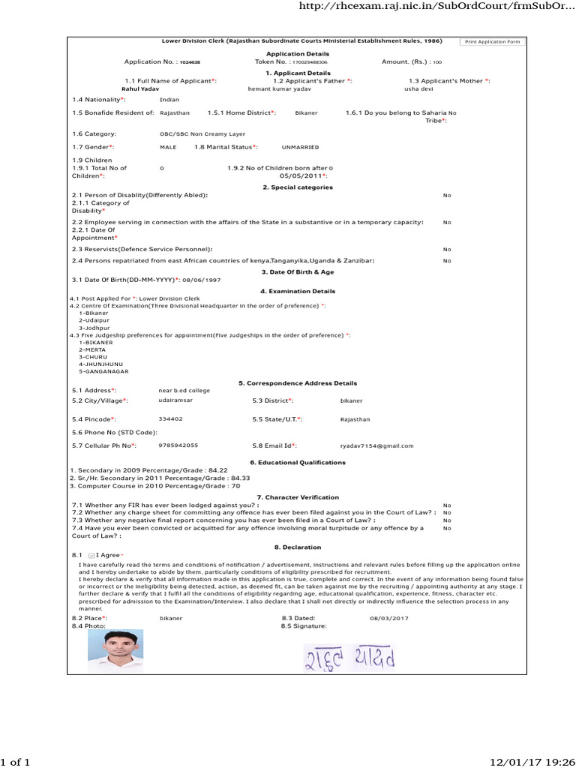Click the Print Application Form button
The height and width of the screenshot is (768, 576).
[492, 42]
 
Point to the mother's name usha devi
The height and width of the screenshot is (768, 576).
[418, 88]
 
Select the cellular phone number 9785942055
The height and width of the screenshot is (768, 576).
[178, 445]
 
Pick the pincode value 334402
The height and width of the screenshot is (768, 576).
[171, 418]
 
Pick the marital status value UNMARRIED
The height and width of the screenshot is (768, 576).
[300, 147]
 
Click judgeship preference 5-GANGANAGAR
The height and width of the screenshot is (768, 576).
[103, 371]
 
